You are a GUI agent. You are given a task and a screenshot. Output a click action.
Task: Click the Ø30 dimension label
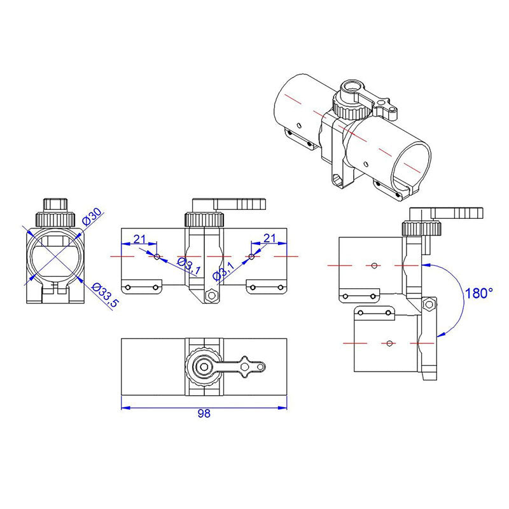(93, 216)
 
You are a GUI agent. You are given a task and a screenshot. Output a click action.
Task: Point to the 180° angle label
(478, 294)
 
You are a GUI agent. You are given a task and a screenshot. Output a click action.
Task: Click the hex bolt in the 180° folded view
(430, 305)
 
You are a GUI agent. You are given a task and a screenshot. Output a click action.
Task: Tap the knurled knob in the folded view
(421, 227)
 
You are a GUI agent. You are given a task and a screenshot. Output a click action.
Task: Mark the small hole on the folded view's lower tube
(388, 344)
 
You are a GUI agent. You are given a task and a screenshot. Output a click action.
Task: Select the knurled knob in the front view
(204, 220)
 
